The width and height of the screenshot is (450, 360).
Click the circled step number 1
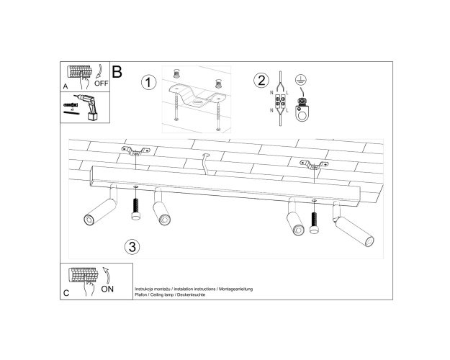pos(148,82)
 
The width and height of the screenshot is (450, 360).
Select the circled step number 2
pos(261,80)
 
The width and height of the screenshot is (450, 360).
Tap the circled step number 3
pos(132,247)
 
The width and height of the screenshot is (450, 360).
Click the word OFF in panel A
pos(102,84)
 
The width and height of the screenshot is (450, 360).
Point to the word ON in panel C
pos(107,289)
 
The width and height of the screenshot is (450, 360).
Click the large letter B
pos(117,72)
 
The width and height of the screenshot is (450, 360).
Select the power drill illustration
pos(88,107)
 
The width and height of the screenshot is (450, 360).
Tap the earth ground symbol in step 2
pos(300,80)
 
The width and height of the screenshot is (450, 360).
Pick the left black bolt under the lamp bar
pos(136,209)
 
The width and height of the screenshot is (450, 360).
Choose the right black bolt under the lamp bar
pos(314,222)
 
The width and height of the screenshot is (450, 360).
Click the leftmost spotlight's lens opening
pos(89,220)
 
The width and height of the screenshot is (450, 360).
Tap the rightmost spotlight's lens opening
pos(369,242)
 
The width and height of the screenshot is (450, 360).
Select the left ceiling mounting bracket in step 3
pos(136,151)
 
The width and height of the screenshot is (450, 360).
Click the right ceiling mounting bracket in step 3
pos(314,165)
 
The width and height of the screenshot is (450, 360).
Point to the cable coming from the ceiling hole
pos(205,164)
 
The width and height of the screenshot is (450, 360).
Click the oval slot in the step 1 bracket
pos(198,102)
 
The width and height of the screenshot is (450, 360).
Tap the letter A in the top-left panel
pos(66,86)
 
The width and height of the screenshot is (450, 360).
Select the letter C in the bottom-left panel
pos(66,293)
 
